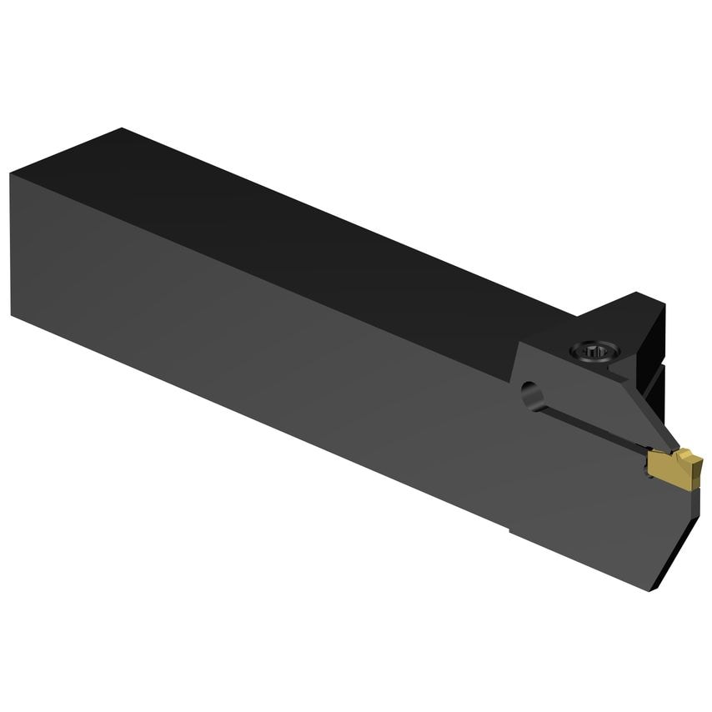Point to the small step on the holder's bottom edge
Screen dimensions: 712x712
click(510, 527)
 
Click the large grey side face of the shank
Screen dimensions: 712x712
click(250, 350)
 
